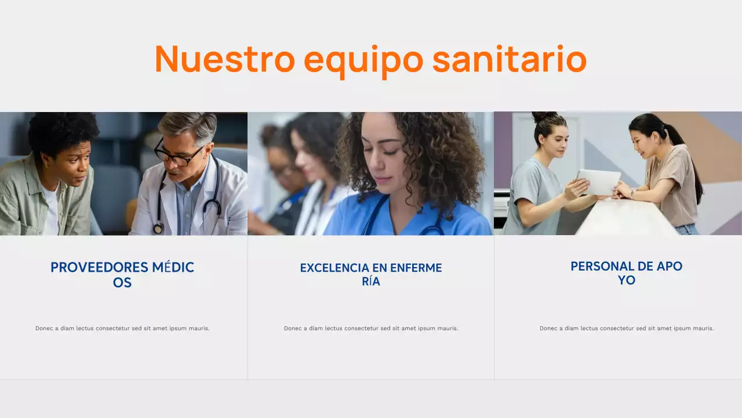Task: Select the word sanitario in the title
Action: pos(510,59)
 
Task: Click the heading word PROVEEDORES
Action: pos(99,268)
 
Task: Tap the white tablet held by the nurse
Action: pos(598,182)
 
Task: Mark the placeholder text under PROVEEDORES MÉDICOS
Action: pos(122,329)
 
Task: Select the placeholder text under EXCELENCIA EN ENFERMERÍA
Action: pos(371,329)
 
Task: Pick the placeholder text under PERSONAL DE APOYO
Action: pos(627,329)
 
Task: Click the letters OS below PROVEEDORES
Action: pos(122,283)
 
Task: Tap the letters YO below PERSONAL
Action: pos(627,280)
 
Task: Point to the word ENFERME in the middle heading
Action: pos(416,268)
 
